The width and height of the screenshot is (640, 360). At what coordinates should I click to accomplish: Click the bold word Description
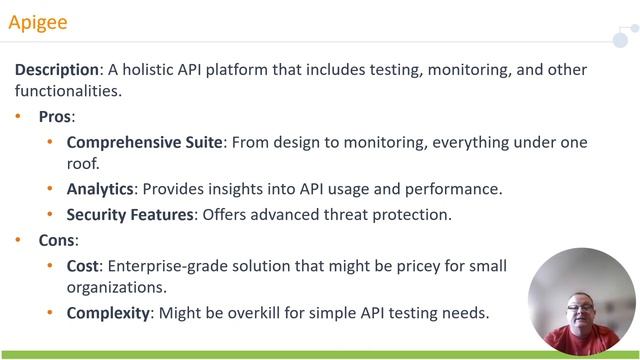point(57,70)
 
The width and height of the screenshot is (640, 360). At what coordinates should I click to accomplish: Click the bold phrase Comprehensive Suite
point(145,142)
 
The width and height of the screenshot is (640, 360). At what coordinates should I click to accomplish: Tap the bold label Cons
point(56,240)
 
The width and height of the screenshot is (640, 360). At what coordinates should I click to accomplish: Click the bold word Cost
point(83,265)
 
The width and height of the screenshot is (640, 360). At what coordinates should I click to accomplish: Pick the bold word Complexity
point(108,313)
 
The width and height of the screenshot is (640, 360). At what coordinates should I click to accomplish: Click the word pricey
point(396,265)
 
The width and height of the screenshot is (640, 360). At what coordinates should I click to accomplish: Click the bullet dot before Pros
point(18,117)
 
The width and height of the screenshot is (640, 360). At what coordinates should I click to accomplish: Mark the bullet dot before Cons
point(18,240)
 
